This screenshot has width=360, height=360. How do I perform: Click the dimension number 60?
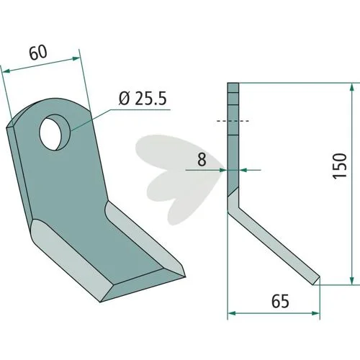37,53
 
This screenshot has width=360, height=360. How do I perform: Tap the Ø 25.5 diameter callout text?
143,99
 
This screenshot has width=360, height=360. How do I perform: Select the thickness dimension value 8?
202,159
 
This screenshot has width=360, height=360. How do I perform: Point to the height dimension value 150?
340,166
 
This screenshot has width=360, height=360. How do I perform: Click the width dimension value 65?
280,301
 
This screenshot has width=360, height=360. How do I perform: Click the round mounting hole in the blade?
55,132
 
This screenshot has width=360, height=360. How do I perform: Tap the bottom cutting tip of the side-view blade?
316,282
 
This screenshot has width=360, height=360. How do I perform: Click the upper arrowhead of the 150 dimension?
352,88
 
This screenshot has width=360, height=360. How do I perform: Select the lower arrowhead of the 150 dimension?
352,280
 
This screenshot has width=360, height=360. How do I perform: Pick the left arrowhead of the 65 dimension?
231,313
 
